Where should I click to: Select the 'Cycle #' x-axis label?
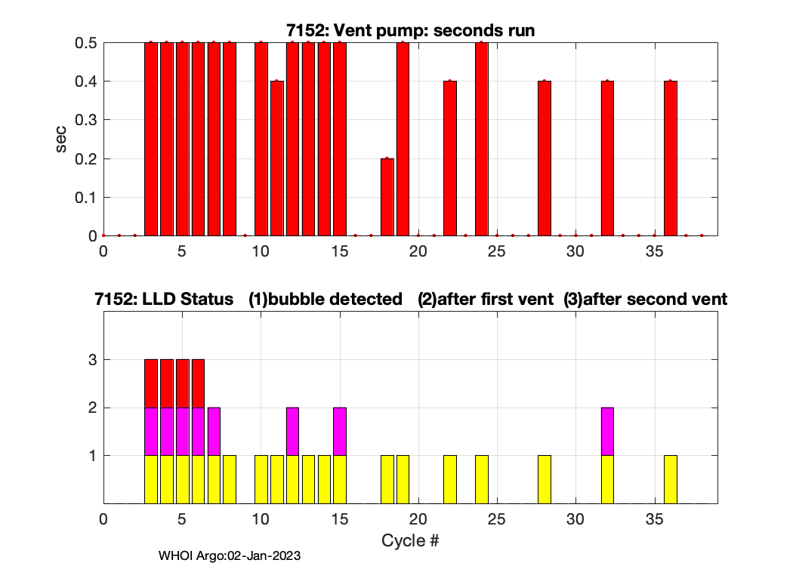pos(410,540)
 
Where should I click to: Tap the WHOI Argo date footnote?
pos(230,556)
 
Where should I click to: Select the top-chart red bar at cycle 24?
pos(482,140)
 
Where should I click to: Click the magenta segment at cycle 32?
pos(607,432)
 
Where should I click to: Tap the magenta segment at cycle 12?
pos(293,432)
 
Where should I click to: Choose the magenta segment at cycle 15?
pos(340,432)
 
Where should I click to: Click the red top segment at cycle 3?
pos(151,383)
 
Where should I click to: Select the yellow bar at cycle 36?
pos(671,479)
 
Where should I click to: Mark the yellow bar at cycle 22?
pos(450,479)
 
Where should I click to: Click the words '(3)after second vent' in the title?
pos(645,299)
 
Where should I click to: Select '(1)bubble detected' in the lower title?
pos(326,299)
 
